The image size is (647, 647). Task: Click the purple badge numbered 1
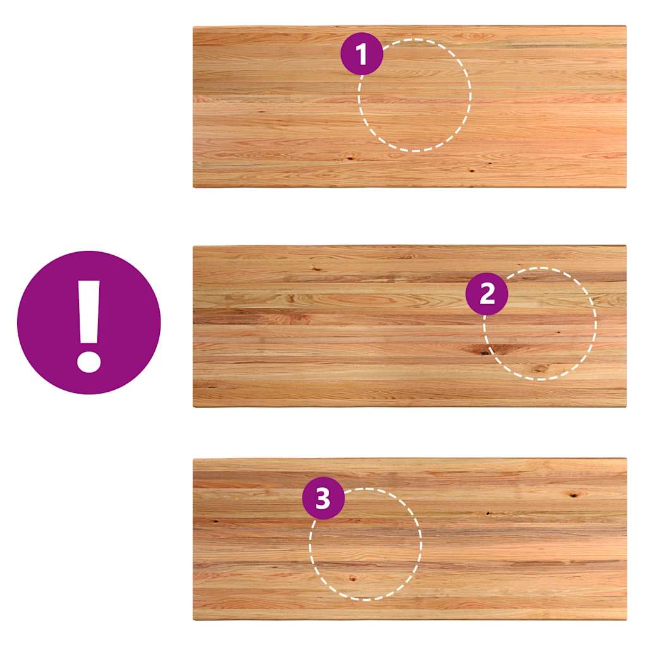[362, 54]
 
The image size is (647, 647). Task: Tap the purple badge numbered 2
[487, 294]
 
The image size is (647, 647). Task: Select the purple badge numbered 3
[323, 498]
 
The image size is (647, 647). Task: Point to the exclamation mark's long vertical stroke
[89, 312]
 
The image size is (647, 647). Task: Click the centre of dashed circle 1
[414, 95]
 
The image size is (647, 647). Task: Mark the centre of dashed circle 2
[540, 324]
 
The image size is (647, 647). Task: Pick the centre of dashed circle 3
[366, 544]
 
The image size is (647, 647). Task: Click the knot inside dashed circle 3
[352, 579]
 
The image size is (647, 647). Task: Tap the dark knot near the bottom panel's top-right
[573, 494]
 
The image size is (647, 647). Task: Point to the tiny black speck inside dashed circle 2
[559, 332]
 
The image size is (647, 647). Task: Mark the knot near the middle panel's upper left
[317, 269]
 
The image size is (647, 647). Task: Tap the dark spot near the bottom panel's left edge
[215, 521]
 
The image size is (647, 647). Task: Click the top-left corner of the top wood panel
[193, 27]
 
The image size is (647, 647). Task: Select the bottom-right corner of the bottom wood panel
[626, 620]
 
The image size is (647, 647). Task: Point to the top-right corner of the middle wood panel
[626, 246]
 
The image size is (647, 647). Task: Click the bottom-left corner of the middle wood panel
[193, 407]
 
